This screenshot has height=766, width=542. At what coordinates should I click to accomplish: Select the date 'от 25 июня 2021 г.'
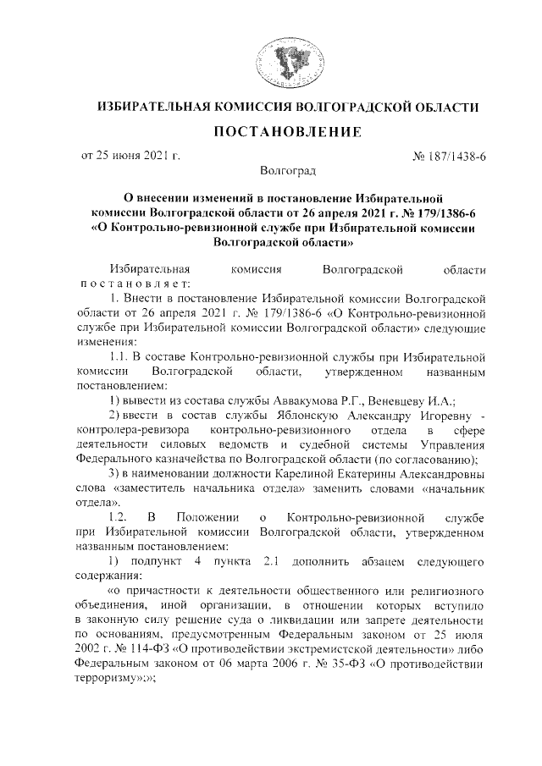(x=131, y=155)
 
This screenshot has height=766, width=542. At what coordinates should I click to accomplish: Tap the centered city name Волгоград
(x=270, y=171)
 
